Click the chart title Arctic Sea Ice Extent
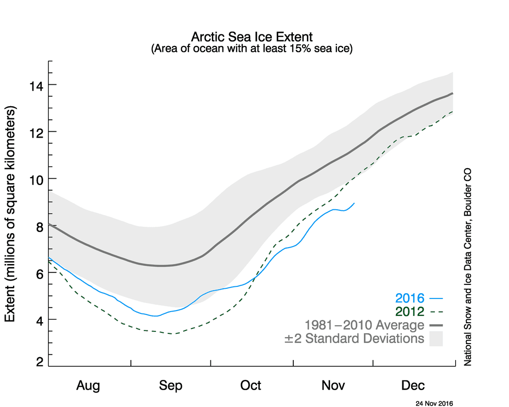click(252, 37)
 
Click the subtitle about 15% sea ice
click(252, 48)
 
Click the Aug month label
click(88, 386)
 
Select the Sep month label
click(170, 386)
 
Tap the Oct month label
click(251, 386)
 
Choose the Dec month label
click(413, 386)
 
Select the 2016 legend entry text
click(410, 298)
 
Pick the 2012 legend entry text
click(410, 312)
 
